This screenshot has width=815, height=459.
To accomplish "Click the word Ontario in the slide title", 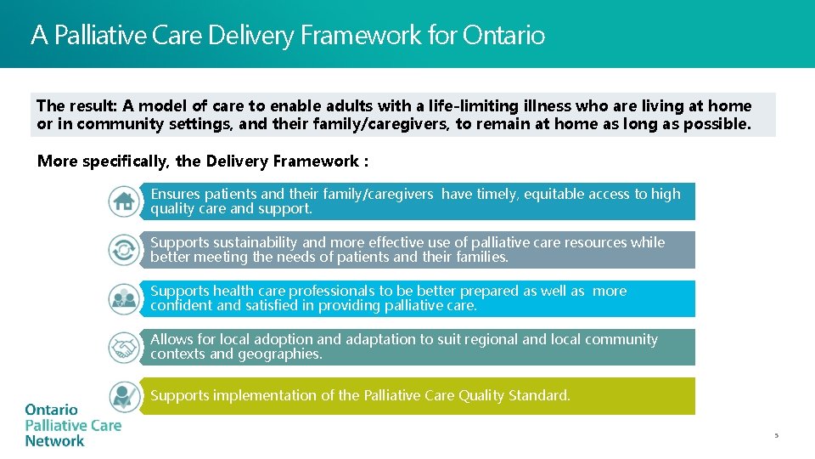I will coord(503,35).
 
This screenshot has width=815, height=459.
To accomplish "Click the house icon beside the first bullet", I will coord(125,201).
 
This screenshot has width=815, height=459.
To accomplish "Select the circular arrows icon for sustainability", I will coord(125,250).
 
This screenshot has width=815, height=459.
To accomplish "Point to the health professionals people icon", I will coord(125,298).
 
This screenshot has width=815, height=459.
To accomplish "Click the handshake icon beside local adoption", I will coord(125,347).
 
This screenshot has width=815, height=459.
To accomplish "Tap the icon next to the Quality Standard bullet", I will coord(125,396).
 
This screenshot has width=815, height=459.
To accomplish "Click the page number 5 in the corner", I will coord(775,436).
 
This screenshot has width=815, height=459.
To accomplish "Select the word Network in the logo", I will coord(54,441).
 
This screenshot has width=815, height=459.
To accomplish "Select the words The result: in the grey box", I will coord(76,106).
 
